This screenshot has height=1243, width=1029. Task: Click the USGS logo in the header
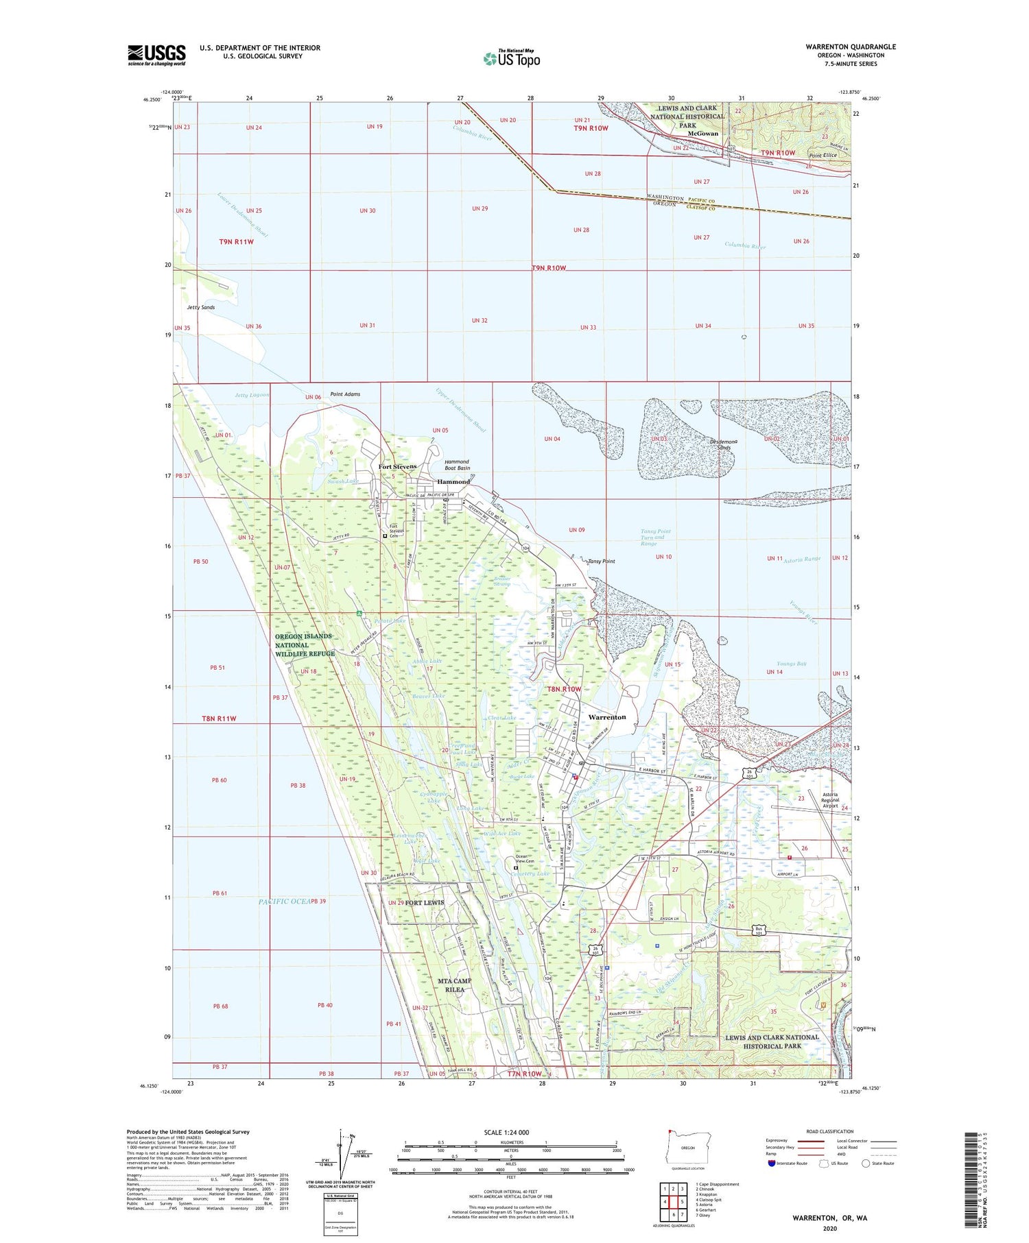[156, 55]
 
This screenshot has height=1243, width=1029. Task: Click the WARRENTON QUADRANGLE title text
[851, 47]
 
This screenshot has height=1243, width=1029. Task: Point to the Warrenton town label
[607, 717]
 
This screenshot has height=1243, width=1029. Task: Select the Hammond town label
[453, 481]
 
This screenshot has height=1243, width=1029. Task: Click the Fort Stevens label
[397, 466]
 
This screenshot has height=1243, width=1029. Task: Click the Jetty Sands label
[201, 307]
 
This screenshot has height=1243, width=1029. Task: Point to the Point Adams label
[345, 394]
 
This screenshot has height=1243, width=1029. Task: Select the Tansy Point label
[601, 561]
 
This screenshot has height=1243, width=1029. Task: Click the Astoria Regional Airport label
[830, 800]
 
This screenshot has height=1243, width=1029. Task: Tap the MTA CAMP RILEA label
[455, 985]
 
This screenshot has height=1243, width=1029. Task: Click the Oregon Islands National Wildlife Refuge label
[305, 644]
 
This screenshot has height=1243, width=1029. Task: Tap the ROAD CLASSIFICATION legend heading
[829, 1131]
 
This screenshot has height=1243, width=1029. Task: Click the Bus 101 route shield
[758, 931]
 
